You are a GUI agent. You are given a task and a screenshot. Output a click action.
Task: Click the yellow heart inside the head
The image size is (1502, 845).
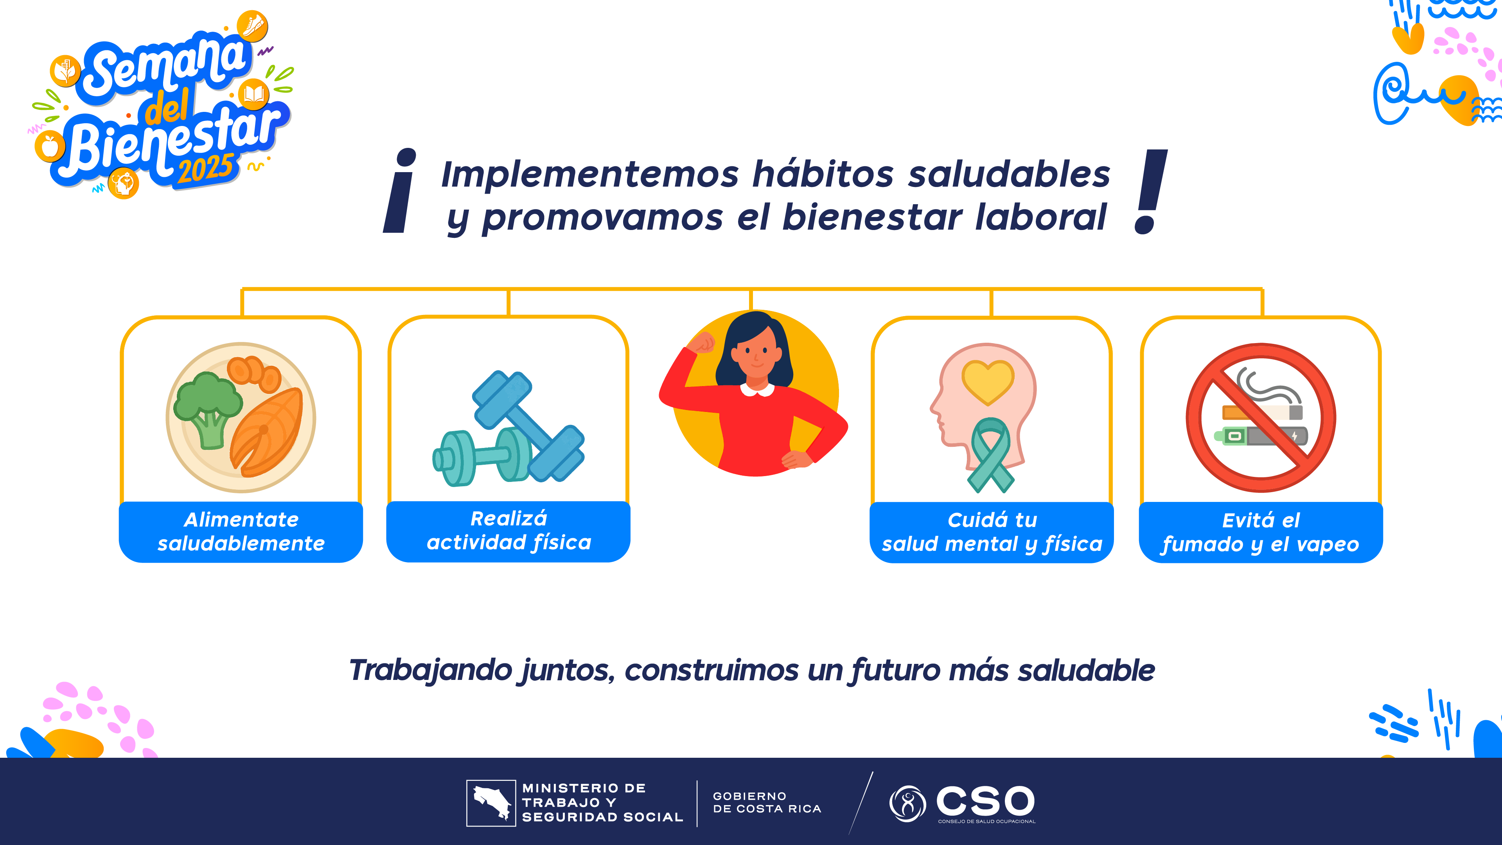coord(988,382)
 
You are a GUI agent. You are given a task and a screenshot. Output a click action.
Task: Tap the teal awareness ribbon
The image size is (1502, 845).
coord(990,455)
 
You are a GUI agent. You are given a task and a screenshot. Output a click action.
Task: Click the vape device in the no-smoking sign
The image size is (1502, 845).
coord(1261,436)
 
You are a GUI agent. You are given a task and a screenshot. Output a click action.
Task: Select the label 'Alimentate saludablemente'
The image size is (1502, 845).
coord(241,531)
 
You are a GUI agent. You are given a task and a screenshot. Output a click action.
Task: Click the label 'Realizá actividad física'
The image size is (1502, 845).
coord(508,530)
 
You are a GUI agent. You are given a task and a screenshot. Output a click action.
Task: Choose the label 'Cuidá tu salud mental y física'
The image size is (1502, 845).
coord(992,532)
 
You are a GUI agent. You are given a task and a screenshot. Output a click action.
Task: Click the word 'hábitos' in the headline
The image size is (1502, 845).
coord(823,174)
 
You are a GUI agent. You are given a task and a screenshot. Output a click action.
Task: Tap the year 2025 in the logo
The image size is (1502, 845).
coord(206,169)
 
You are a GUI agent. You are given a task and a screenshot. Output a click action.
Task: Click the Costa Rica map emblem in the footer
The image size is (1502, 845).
coord(491,803)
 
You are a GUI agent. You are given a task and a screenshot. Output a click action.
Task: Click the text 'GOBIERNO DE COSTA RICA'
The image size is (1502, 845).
coord(767,802)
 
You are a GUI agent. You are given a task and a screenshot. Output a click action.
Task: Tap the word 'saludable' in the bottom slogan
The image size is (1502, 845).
coord(1086,670)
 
